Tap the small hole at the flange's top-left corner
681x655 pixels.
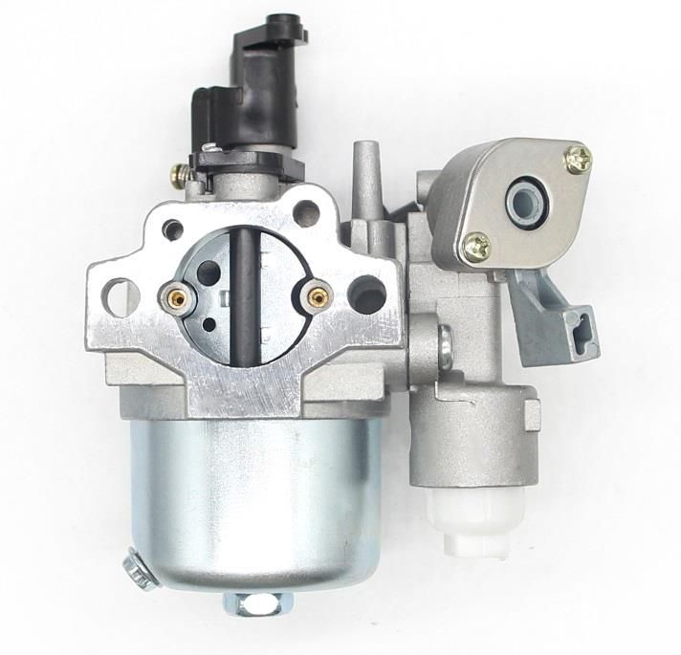[x=173, y=229]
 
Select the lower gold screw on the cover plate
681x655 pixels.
[x=475, y=249]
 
